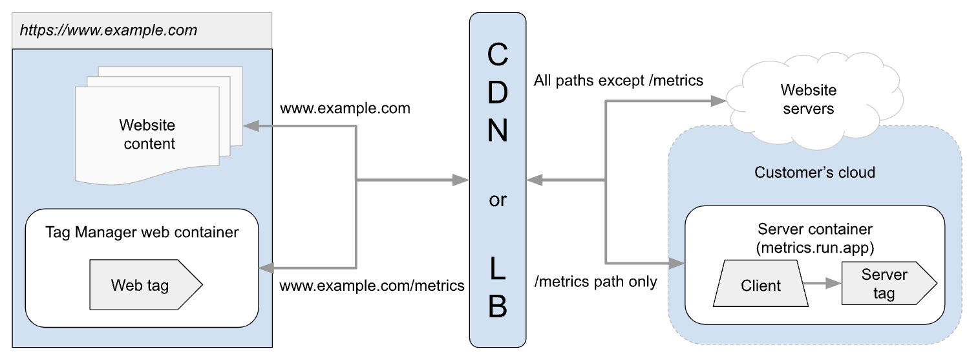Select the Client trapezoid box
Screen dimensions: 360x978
(760, 286)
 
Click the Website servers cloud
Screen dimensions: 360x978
(808, 100)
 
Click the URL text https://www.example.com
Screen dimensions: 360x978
(109, 30)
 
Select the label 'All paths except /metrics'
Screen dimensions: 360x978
(619, 81)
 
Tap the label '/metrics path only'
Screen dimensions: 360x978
(596, 282)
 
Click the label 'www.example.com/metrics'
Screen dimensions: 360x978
(372, 285)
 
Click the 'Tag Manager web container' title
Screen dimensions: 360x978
(142, 232)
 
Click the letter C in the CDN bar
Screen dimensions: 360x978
(496, 56)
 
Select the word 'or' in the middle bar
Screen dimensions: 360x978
(497, 201)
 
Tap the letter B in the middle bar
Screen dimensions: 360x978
(497, 307)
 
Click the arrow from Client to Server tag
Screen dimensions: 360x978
(821, 284)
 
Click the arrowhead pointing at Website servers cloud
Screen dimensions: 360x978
(719, 101)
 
